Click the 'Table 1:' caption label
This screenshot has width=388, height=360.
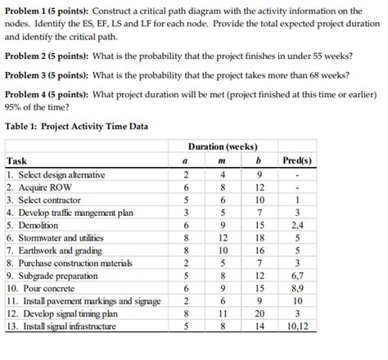tap(22, 128)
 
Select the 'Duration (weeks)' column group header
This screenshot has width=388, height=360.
tap(222, 146)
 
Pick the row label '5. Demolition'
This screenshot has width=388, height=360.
tap(33, 225)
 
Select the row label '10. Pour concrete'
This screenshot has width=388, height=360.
tap(41, 288)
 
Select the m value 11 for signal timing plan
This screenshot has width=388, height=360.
tap(222, 313)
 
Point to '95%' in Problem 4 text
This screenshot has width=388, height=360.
tap(12, 107)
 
